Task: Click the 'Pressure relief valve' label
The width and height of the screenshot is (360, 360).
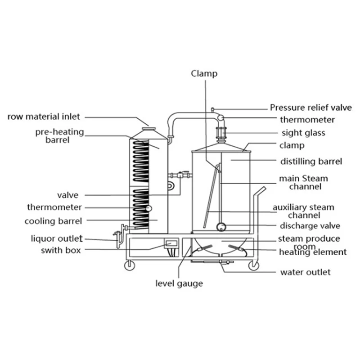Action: coord(310,108)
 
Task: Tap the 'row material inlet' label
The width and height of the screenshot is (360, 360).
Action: coord(44,117)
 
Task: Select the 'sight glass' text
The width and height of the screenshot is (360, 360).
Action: coord(303,133)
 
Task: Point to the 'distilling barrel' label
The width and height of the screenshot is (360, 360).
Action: coord(311,161)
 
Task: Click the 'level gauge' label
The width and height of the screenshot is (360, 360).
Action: coord(179,283)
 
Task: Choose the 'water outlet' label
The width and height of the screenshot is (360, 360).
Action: coord(305,272)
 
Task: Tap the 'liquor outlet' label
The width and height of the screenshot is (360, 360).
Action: coord(57,238)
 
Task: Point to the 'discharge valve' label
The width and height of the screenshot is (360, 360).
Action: coord(310,225)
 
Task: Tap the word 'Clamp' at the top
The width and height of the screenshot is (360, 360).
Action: coord(204,73)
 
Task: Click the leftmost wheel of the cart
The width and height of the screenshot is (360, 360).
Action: coord(130,265)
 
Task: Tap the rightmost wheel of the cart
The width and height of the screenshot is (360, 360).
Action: coord(253,265)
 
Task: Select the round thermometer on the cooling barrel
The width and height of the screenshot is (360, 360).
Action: coord(148,208)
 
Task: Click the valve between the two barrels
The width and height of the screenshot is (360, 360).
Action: coord(181,175)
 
